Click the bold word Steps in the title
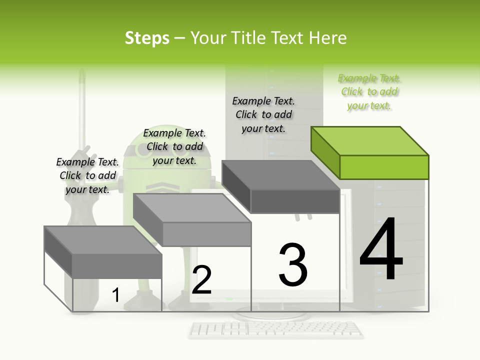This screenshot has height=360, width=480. [x=147, y=38]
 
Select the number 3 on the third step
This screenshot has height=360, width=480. [x=293, y=264]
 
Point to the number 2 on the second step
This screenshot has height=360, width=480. [x=201, y=280]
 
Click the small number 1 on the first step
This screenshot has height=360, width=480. [x=115, y=295]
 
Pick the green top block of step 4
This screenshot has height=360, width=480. [x=370, y=141]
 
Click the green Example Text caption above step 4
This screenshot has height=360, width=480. [x=369, y=92]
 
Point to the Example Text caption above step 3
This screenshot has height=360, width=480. [x=263, y=115]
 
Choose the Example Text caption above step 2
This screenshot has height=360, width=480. [x=174, y=147]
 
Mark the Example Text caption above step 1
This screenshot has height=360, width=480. [x=87, y=176]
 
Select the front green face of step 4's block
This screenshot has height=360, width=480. [x=384, y=167]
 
